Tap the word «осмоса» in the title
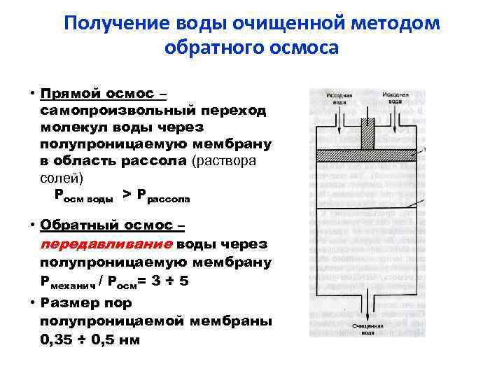point(304,48)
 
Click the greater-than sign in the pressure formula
point(126,194)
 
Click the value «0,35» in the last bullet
point(59,339)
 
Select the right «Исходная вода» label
point(395,97)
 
